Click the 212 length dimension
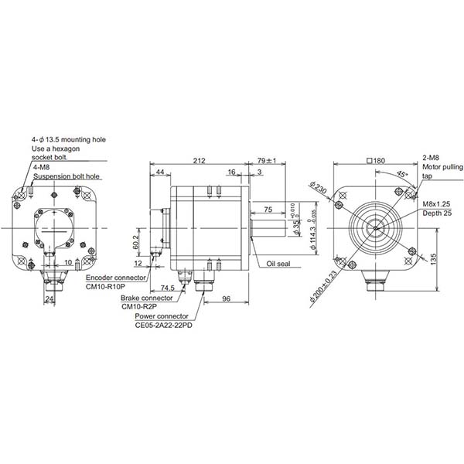coord(200,161)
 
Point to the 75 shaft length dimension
coord(267,210)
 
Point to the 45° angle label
coord(402,174)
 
